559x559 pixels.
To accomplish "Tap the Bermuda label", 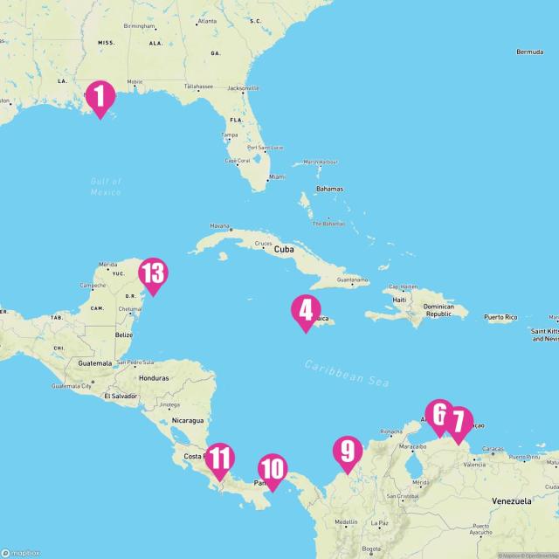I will pyautogui.click(x=529, y=52).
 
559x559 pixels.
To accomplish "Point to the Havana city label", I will pyautogui.click(x=220, y=225).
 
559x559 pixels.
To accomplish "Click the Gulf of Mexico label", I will pyautogui.click(x=106, y=186).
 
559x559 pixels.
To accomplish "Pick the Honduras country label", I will pyautogui.click(x=153, y=377).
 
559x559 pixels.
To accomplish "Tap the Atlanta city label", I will pyautogui.click(x=207, y=20).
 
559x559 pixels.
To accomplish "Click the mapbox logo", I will pyautogui.click(x=19, y=551).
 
